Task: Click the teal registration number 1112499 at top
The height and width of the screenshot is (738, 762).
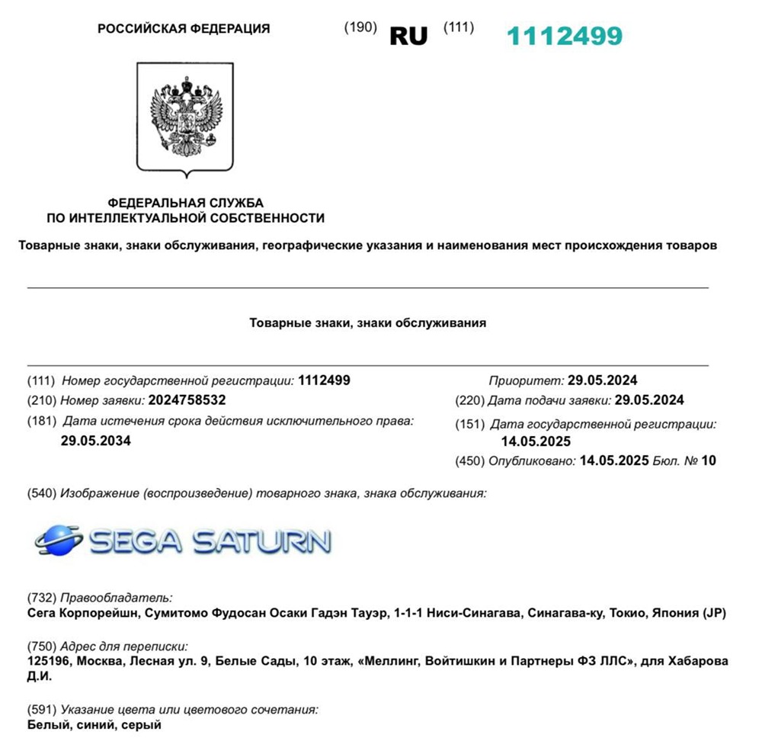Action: coord(565,35)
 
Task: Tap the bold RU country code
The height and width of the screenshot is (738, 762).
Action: coord(408,36)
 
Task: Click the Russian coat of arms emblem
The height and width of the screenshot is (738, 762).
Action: coord(185,117)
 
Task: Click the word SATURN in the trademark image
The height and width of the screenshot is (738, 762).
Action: coord(261,541)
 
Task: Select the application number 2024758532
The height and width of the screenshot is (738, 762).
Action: coord(187,399)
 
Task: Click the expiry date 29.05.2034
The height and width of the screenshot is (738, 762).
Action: coord(95,440)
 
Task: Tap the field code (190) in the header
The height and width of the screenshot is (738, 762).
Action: coord(360,27)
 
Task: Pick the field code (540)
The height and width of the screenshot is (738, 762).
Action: coord(41,493)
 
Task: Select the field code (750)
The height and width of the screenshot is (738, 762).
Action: coord(41,646)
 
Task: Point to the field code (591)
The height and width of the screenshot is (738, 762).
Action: coord(41,710)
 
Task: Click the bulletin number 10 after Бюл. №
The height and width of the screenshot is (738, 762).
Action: coord(709,460)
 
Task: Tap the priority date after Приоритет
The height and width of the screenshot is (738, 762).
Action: coord(602,380)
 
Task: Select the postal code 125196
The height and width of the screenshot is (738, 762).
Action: coord(50,661)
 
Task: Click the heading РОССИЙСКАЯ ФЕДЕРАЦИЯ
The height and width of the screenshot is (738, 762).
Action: coord(184,29)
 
